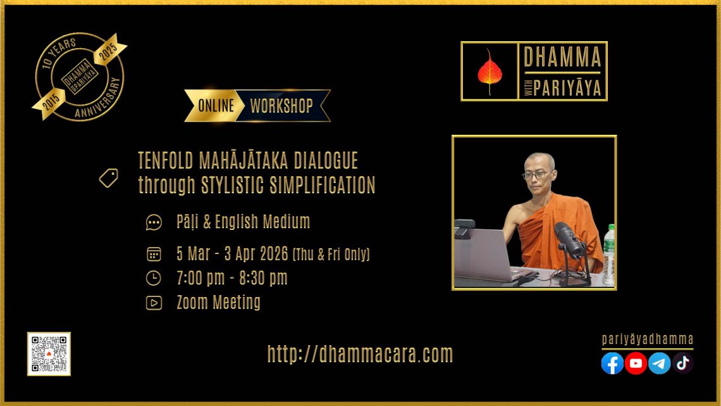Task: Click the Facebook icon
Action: (x=612, y=363)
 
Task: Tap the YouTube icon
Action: (x=636, y=363)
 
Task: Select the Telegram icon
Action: (x=660, y=363)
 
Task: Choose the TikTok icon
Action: (x=683, y=363)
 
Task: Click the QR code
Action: (x=49, y=354)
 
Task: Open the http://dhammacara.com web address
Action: (x=360, y=354)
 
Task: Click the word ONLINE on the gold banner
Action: (x=216, y=106)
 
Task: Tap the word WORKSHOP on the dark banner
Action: (x=281, y=106)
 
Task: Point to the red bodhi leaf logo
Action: (x=490, y=72)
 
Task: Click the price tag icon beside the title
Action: (x=109, y=178)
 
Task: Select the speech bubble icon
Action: (x=154, y=222)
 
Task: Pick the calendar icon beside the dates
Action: (x=154, y=254)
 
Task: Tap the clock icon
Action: (x=154, y=278)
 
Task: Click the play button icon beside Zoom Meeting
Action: (x=154, y=302)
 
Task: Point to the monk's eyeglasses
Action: (x=536, y=175)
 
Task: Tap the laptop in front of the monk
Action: (x=486, y=255)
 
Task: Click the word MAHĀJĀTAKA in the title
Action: (x=243, y=161)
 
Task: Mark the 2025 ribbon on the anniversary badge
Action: (x=109, y=49)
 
